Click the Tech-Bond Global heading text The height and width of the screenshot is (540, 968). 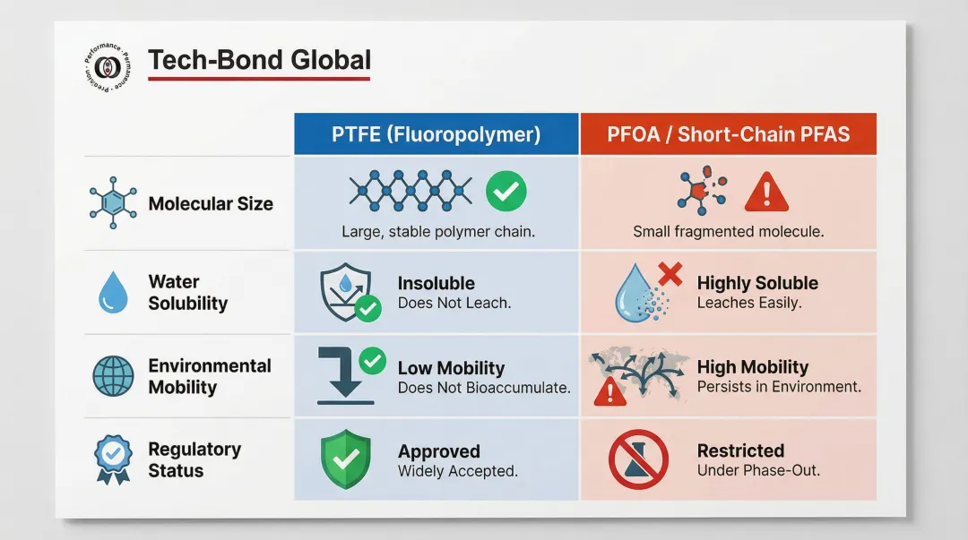[x=259, y=61]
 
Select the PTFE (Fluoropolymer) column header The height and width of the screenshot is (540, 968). [x=436, y=134]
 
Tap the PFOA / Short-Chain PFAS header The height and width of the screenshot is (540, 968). [x=728, y=134]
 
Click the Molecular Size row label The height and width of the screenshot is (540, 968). [x=211, y=204]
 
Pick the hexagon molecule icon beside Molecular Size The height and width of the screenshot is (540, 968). [x=113, y=203]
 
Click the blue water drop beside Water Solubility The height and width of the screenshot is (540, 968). [x=113, y=293]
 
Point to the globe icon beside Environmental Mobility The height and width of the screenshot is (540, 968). [x=113, y=376]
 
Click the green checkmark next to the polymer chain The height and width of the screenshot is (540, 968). [x=506, y=190]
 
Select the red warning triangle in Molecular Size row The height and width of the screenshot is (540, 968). [x=765, y=192]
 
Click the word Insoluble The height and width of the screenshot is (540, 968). [x=436, y=283]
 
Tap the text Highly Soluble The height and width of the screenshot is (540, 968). [x=757, y=283]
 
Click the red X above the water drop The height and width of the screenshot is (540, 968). [x=669, y=273]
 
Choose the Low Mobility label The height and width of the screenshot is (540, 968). [x=451, y=368]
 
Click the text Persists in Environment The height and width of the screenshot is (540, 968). [x=779, y=387]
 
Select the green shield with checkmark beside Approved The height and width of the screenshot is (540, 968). [x=345, y=459]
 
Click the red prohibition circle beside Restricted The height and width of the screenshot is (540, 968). [x=637, y=459]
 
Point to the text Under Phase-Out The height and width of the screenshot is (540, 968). [x=758, y=470]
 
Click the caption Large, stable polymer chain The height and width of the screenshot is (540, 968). [x=437, y=232]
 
